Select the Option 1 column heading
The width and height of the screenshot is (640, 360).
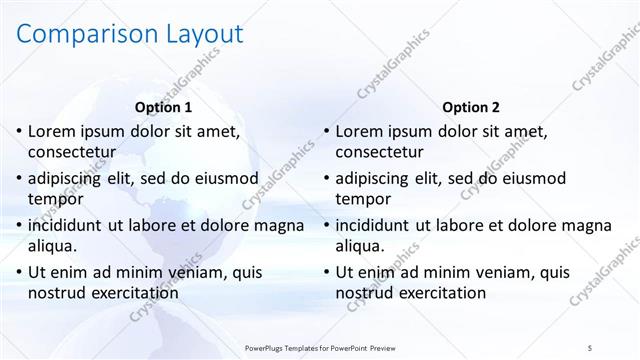pos(163,107)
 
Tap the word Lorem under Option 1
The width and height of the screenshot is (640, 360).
pos(52,131)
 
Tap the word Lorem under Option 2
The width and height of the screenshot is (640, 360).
pos(359,131)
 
